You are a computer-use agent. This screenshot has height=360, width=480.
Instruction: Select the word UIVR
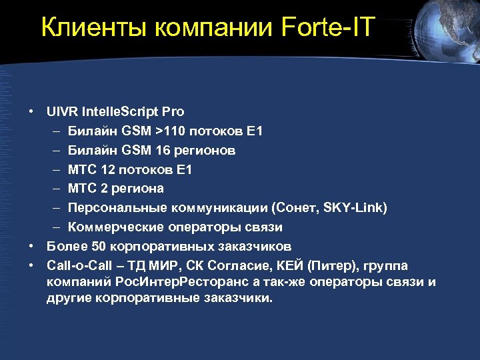pos(62,111)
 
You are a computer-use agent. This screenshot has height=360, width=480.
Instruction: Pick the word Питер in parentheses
pos(328,265)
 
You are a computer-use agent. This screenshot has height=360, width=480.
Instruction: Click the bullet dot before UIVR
pos(31,111)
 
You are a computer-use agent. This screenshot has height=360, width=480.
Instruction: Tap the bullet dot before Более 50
pos(31,246)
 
